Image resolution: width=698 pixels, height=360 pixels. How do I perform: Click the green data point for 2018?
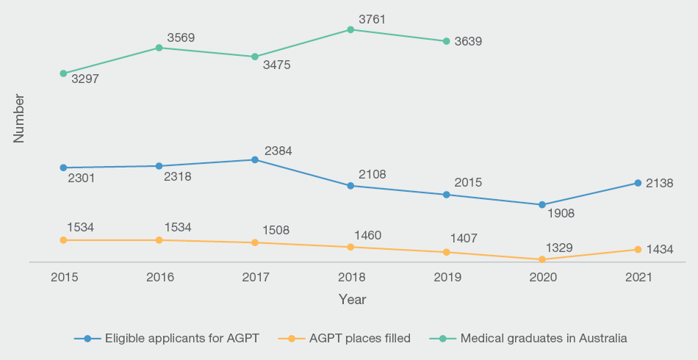[x=350, y=29]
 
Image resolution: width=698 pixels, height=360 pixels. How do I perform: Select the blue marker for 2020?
[x=542, y=205]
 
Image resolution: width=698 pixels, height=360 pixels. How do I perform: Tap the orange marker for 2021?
[x=638, y=250]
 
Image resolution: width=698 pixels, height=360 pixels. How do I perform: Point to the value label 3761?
[x=373, y=19]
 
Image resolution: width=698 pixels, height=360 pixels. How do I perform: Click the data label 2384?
[x=277, y=151]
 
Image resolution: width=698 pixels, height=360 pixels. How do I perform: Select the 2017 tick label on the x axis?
[x=255, y=277]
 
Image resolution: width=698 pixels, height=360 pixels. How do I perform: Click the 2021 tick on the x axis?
[x=638, y=277]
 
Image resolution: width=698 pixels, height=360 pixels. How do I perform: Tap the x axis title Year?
[x=352, y=300]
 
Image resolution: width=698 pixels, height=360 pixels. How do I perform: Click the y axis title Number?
[x=19, y=118]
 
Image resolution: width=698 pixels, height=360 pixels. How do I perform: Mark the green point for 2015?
[x=63, y=73]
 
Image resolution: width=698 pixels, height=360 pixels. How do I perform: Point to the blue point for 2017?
[x=255, y=159]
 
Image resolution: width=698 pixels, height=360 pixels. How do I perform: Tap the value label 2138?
[x=659, y=183]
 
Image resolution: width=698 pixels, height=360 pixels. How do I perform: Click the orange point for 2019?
[x=446, y=253]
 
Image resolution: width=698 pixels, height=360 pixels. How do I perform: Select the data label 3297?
[x=85, y=78]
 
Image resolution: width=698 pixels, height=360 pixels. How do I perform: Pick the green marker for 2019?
[x=446, y=41]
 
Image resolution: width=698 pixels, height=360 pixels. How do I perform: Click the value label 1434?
[x=659, y=250]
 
